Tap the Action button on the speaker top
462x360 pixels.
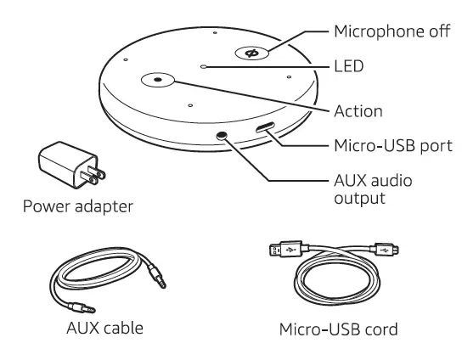click(x=157, y=80)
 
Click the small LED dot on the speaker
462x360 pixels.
click(x=203, y=65)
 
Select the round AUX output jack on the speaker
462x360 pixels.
click(x=223, y=136)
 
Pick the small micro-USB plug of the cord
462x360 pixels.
click(x=386, y=250)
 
